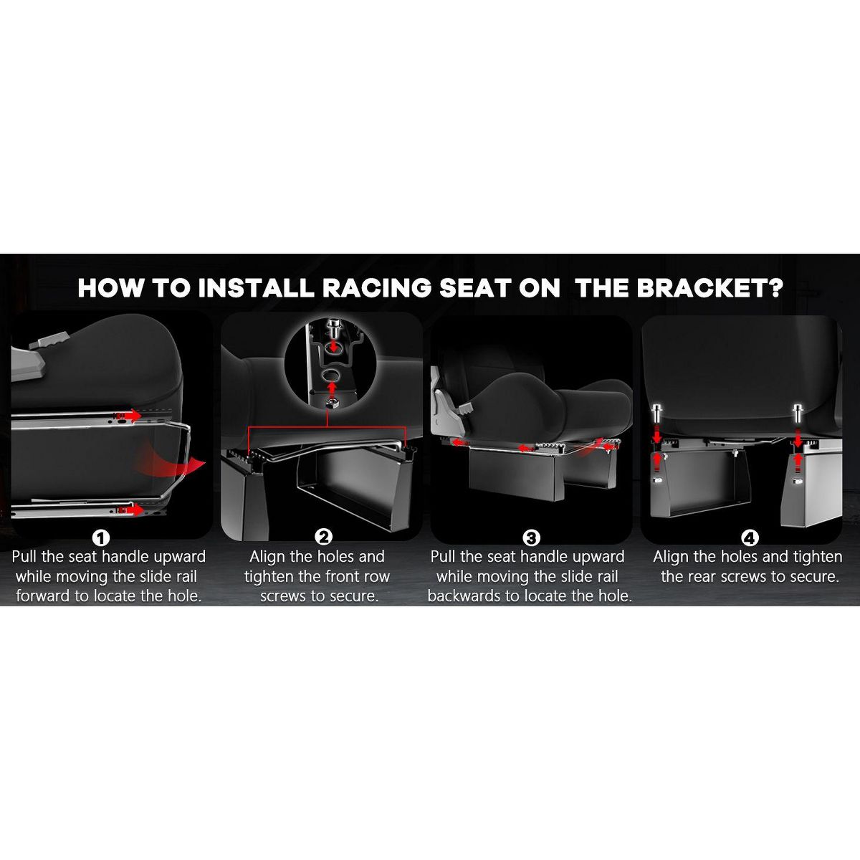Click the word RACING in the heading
(x=376, y=288)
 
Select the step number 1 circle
(x=101, y=538)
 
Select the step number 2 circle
(x=323, y=537)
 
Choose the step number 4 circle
(x=750, y=538)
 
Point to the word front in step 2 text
(x=341, y=577)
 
